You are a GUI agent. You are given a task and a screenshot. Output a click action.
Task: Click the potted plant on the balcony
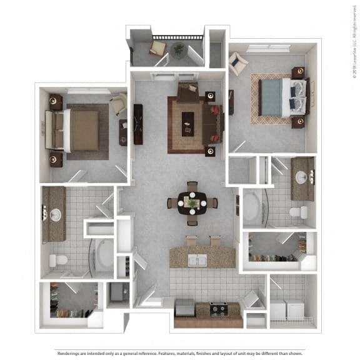coord(179,49)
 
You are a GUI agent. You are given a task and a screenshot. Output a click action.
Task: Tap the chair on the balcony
coord(157,47)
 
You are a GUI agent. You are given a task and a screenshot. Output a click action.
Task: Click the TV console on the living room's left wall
coord(138,124)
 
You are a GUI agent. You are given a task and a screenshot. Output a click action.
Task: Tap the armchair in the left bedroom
coord(119,104)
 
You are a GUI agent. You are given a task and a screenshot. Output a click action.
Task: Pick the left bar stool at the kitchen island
coord(191,241)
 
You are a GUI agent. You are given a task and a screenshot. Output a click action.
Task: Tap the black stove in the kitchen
coord(218,308)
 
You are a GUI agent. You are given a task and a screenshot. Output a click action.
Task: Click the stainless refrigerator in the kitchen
coord(184,307)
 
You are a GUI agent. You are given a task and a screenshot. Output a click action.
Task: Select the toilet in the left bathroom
coord(58,260)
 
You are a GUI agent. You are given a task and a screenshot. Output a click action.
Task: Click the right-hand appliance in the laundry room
coord(294,311)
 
